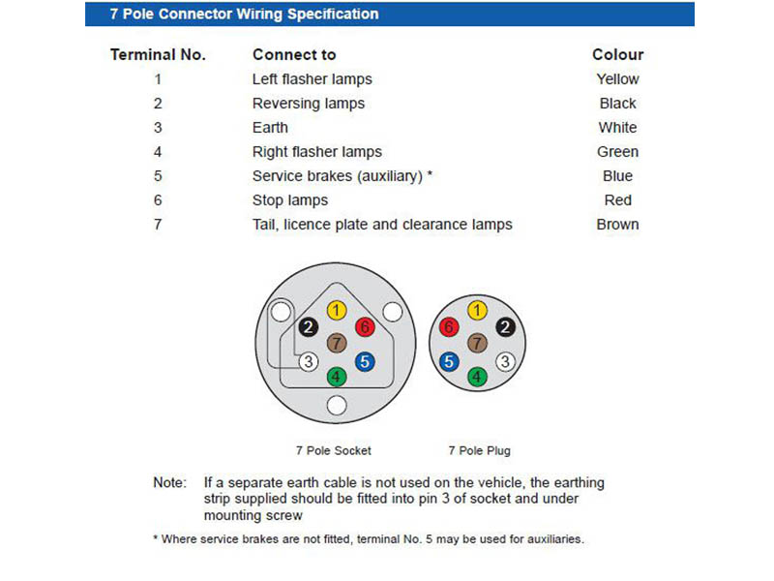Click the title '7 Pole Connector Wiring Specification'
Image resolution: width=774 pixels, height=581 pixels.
click(244, 15)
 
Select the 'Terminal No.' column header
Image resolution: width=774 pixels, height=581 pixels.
click(158, 55)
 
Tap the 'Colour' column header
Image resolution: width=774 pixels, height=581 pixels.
click(617, 55)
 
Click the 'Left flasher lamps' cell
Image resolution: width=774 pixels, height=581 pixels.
click(312, 79)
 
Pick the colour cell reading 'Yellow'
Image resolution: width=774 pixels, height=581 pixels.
click(617, 79)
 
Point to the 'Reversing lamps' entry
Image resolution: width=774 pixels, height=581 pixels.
click(308, 104)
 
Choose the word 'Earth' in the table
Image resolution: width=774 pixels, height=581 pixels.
click(270, 128)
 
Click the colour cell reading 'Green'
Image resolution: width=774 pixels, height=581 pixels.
click(617, 152)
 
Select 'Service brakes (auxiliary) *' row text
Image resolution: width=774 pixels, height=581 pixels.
click(342, 176)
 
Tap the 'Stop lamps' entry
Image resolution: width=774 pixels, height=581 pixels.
click(289, 200)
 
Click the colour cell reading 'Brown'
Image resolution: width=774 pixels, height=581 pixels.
click(617, 225)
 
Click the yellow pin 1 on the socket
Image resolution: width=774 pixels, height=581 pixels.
click(336, 311)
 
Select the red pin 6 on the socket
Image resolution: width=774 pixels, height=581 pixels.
click(365, 327)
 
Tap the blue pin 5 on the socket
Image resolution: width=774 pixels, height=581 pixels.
click(365, 362)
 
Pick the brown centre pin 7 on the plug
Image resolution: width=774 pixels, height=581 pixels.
click(477, 344)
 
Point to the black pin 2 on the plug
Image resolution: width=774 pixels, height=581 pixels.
click(505, 327)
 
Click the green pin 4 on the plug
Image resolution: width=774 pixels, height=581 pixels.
click(477, 378)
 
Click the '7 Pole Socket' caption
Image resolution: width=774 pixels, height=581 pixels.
click(333, 450)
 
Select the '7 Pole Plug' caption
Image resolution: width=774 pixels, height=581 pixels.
click(479, 450)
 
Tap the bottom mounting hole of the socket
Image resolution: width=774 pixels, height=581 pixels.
click(337, 405)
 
